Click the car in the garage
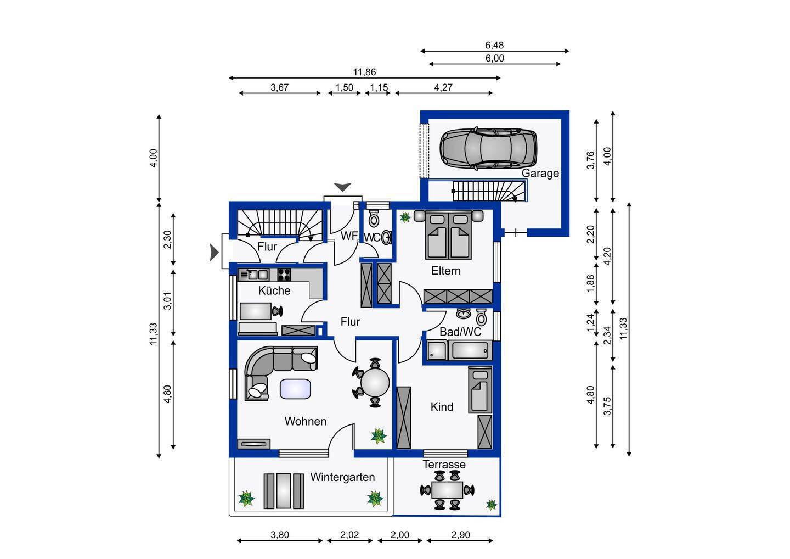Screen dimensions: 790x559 click(x=488, y=148)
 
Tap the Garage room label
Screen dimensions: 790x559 click(x=540, y=174)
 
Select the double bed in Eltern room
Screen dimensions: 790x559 click(x=448, y=234)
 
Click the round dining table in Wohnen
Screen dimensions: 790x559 click(x=375, y=383)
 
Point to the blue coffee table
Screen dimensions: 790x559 click(x=295, y=389)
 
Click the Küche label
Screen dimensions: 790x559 click(x=274, y=290)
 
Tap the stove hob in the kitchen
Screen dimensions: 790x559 click(x=284, y=275)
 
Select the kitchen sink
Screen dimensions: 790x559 click(x=253, y=275)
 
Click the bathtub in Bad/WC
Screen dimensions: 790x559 click(x=470, y=351)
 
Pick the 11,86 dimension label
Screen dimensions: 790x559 click(x=364, y=72)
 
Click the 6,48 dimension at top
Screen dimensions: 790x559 click(x=494, y=45)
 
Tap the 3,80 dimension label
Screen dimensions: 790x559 click(x=280, y=535)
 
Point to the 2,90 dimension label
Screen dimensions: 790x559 click(x=460, y=535)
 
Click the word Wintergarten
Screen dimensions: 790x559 click(x=342, y=477)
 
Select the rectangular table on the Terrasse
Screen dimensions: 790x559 click(x=447, y=490)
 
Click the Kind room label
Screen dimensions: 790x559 click(x=442, y=407)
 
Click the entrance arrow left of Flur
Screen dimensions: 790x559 click(x=214, y=253)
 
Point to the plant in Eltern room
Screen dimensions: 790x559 click(x=405, y=217)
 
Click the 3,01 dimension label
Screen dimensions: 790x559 click(x=167, y=301)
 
